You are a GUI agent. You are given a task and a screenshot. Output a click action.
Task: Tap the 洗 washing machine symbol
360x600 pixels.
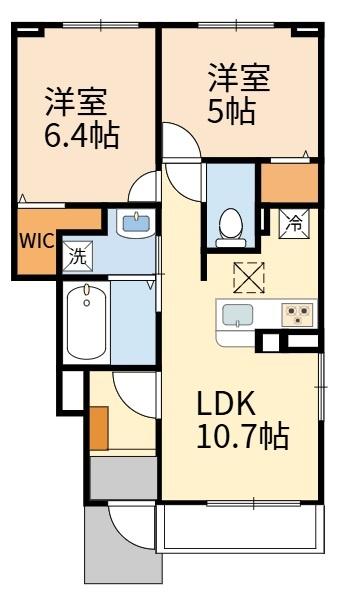click(x=76, y=255)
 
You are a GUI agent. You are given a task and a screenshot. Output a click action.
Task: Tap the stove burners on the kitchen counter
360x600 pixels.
click(x=297, y=315)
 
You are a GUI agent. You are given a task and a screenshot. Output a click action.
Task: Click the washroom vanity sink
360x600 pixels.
click(x=135, y=223)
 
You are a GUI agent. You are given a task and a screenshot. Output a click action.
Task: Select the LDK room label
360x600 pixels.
click(x=227, y=404)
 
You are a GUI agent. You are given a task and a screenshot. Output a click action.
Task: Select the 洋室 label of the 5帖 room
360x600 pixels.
click(x=239, y=77)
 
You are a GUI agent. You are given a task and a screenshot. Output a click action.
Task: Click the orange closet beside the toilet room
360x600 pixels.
click(x=289, y=183)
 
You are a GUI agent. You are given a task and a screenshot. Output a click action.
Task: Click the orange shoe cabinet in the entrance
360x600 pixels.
click(x=98, y=428)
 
